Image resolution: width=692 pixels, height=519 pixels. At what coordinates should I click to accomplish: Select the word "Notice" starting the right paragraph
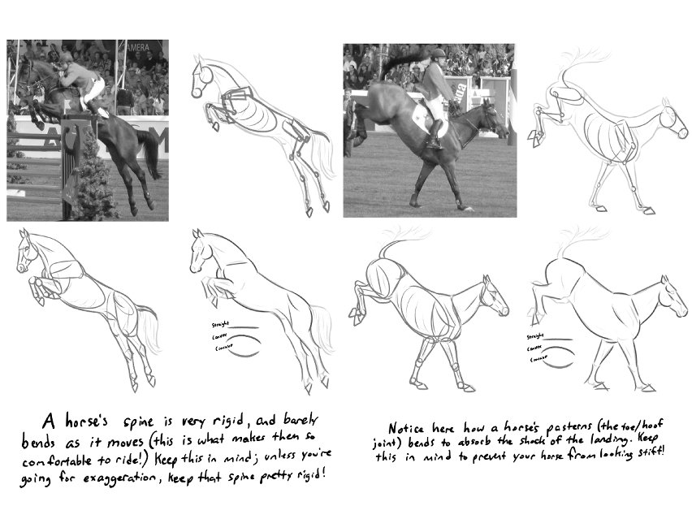coord(405,428)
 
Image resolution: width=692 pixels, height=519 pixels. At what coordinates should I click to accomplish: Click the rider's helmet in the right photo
coord(438,55)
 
